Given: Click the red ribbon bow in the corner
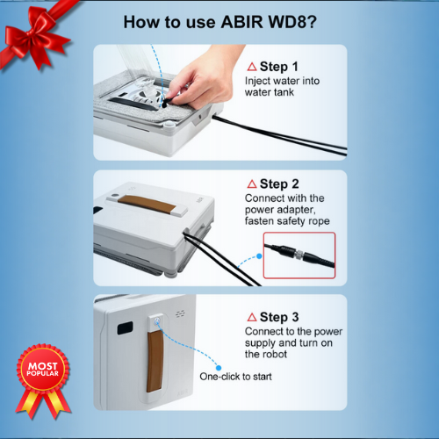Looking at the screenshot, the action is click(35, 37).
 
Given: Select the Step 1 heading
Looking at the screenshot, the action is click(279, 67).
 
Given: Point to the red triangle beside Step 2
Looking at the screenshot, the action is click(252, 184).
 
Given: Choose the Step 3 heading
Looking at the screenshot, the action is click(279, 317).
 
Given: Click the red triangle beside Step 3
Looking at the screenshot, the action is click(252, 317).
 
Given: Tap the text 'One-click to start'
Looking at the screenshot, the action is click(235, 377).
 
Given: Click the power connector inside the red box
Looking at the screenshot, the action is click(299, 255).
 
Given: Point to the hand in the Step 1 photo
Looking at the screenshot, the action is click(202, 79).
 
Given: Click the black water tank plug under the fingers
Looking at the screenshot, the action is click(166, 103).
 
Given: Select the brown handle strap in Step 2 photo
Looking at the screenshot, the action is click(147, 204).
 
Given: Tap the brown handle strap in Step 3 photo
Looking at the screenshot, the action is click(155, 362).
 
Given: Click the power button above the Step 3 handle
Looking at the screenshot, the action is click(156, 320).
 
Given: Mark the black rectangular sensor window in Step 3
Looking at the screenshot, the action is click(125, 327).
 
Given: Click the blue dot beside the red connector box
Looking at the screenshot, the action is click(259, 256).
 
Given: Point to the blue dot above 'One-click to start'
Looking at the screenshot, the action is click(219, 368).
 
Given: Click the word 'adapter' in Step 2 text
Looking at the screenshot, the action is click(296, 210).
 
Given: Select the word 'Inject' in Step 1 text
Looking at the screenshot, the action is click(257, 81).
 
